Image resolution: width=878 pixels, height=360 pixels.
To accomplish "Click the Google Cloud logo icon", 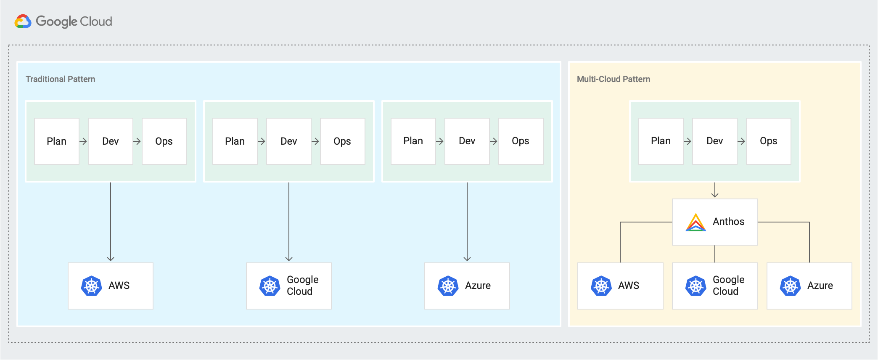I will click(x=23, y=21).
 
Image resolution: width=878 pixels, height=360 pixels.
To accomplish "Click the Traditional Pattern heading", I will click(x=60, y=79).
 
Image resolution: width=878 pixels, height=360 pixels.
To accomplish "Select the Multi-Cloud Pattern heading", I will click(x=613, y=79).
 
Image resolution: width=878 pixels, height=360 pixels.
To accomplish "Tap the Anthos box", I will click(x=715, y=222).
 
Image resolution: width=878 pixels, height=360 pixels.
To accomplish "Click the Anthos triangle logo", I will click(x=696, y=222).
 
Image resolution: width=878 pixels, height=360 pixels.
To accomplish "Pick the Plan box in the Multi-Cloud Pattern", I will click(x=661, y=141).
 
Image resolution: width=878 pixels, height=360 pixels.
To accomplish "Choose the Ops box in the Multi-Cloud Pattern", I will click(x=768, y=141).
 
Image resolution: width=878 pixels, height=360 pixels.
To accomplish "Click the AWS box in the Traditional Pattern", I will click(x=111, y=286).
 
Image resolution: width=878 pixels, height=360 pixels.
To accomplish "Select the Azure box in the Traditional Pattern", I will click(x=467, y=286).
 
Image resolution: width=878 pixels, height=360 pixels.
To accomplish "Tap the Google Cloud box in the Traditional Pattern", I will click(x=289, y=286).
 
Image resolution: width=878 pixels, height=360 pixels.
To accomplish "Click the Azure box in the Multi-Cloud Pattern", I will click(x=809, y=286).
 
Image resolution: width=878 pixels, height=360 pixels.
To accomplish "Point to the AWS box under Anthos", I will click(x=620, y=286).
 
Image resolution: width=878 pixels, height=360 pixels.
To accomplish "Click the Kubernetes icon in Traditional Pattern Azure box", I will click(x=448, y=286).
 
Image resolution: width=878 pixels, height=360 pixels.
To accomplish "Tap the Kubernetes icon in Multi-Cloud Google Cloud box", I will click(x=696, y=286).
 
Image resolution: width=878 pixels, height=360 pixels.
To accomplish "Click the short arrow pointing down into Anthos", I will click(x=715, y=190).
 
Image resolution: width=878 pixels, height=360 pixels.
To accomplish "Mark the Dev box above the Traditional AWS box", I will click(x=111, y=141).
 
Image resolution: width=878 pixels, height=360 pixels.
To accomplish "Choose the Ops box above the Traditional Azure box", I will click(x=521, y=141).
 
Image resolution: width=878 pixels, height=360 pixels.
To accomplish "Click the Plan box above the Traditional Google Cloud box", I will click(x=235, y=141).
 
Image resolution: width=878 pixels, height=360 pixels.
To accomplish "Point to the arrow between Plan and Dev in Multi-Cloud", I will click(x=688, y=141).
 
